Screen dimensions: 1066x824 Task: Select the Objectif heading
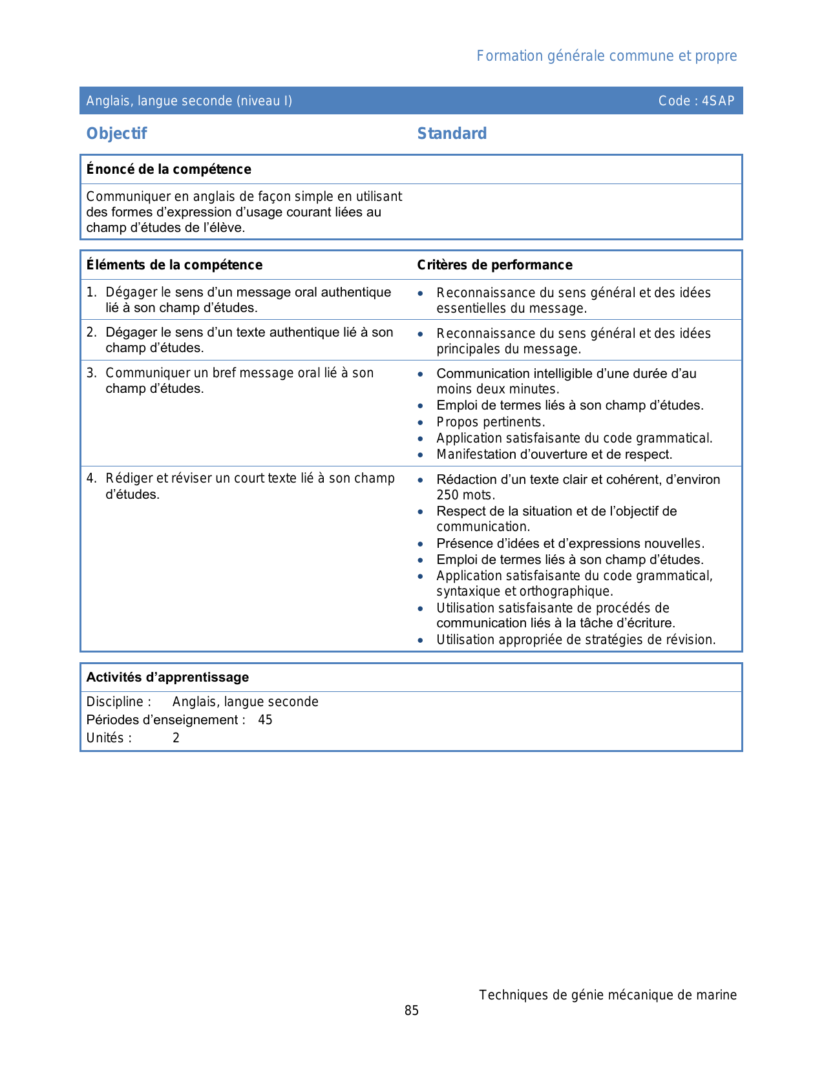pos(116,134)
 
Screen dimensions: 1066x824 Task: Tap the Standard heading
pos(452,134)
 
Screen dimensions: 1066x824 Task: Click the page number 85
pos(412,1010)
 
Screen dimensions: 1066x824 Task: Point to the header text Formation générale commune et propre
pos(606,56)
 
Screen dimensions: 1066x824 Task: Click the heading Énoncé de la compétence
pos(169,169)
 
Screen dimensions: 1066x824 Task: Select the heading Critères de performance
pos(494,265)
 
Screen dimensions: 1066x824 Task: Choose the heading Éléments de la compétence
pos(174,265)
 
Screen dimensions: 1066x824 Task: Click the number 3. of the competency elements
pos(91,373)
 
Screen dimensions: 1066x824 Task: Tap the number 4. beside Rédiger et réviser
pos(91,478)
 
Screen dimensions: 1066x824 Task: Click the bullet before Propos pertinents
pos(421,423)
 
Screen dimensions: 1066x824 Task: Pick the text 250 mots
pos(465,496)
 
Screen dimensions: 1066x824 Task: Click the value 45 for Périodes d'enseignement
pos(265,720)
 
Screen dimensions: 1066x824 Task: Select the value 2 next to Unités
pos(176,738)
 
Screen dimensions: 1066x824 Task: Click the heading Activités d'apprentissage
pos(167,677)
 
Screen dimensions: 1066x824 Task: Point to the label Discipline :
pos(118,702)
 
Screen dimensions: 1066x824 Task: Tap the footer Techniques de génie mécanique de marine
pos(607,995)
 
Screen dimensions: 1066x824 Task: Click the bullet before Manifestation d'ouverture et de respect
pos(421,455)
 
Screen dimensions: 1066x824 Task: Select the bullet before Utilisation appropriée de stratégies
pos(421,640)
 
